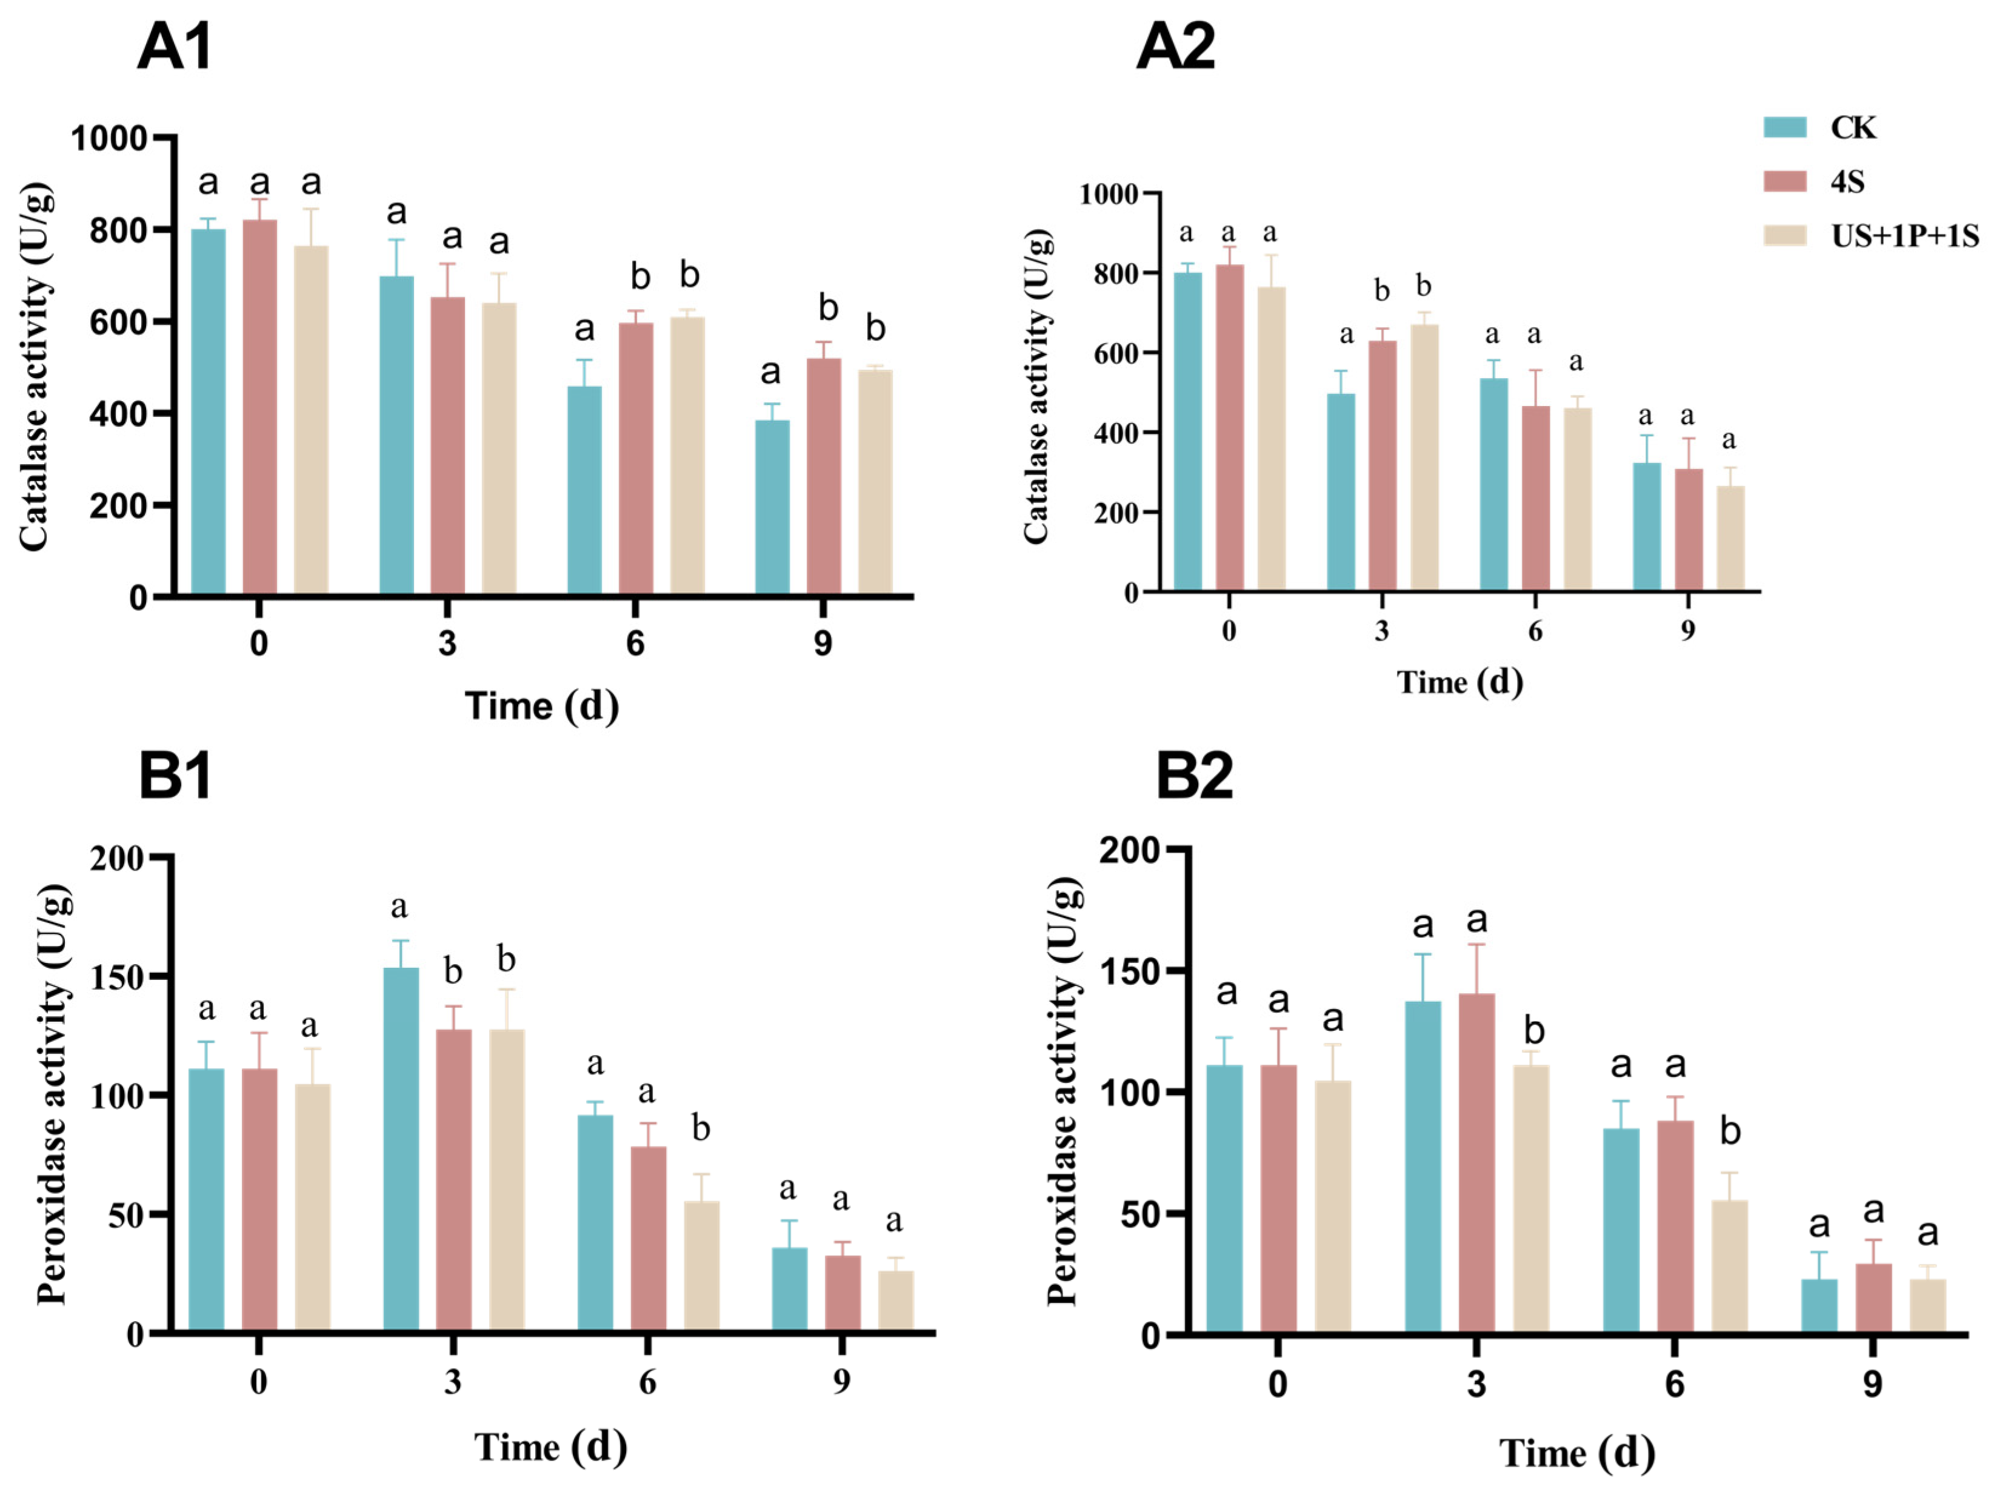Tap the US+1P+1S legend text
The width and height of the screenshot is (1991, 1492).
tap(1904, 236)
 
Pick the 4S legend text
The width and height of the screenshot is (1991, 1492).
tap(1847, 182)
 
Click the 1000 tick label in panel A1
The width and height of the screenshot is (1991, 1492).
tap(109, 139)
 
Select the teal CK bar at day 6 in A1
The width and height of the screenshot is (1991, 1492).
tap(584, 490)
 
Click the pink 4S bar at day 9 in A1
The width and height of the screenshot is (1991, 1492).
tap(824, 476)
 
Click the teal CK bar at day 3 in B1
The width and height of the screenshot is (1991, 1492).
tap(401, 1149)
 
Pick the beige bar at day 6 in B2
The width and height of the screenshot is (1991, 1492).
tap(1729, 1266)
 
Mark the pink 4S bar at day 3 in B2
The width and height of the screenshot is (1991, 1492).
tap(1476, 1163)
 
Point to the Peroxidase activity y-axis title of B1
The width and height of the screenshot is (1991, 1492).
tap(53, 1094)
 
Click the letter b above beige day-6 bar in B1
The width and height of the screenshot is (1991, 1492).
tap(700, 1128)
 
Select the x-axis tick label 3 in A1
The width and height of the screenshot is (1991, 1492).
tap(447, 644)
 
